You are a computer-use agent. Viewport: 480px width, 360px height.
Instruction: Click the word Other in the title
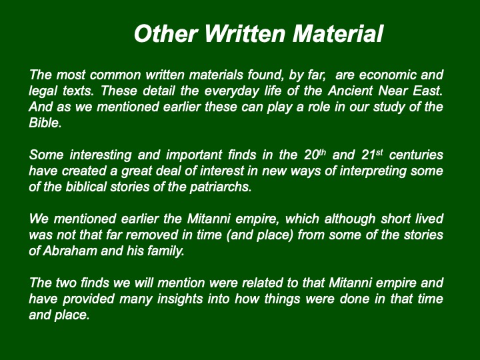tap(165, 33)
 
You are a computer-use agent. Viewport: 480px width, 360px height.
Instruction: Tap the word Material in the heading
tap(337, 33)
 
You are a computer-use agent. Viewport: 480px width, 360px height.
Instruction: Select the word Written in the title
tap(245, 33)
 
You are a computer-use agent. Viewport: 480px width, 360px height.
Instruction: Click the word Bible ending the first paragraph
tap(45, 123)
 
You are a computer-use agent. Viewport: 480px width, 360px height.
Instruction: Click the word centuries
tap(416, 155)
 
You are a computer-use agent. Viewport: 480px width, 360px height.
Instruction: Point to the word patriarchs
tap(221, 187)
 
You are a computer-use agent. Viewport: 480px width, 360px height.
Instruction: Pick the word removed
tap(147, 235)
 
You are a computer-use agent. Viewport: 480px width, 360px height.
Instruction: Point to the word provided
tap(89, 299)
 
